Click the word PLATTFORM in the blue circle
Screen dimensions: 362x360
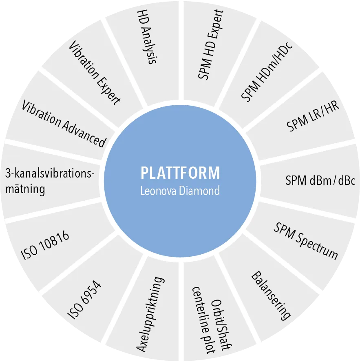pyautogui.click(x=180, y=173)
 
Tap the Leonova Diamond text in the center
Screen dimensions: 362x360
pyautogui.click(x=180, y=191)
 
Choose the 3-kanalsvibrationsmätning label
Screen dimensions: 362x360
pyautogui.click(x=49, y=182)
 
